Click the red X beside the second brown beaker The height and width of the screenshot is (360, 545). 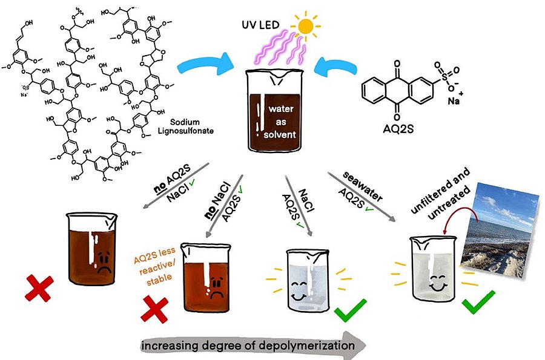pos(155,309)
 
